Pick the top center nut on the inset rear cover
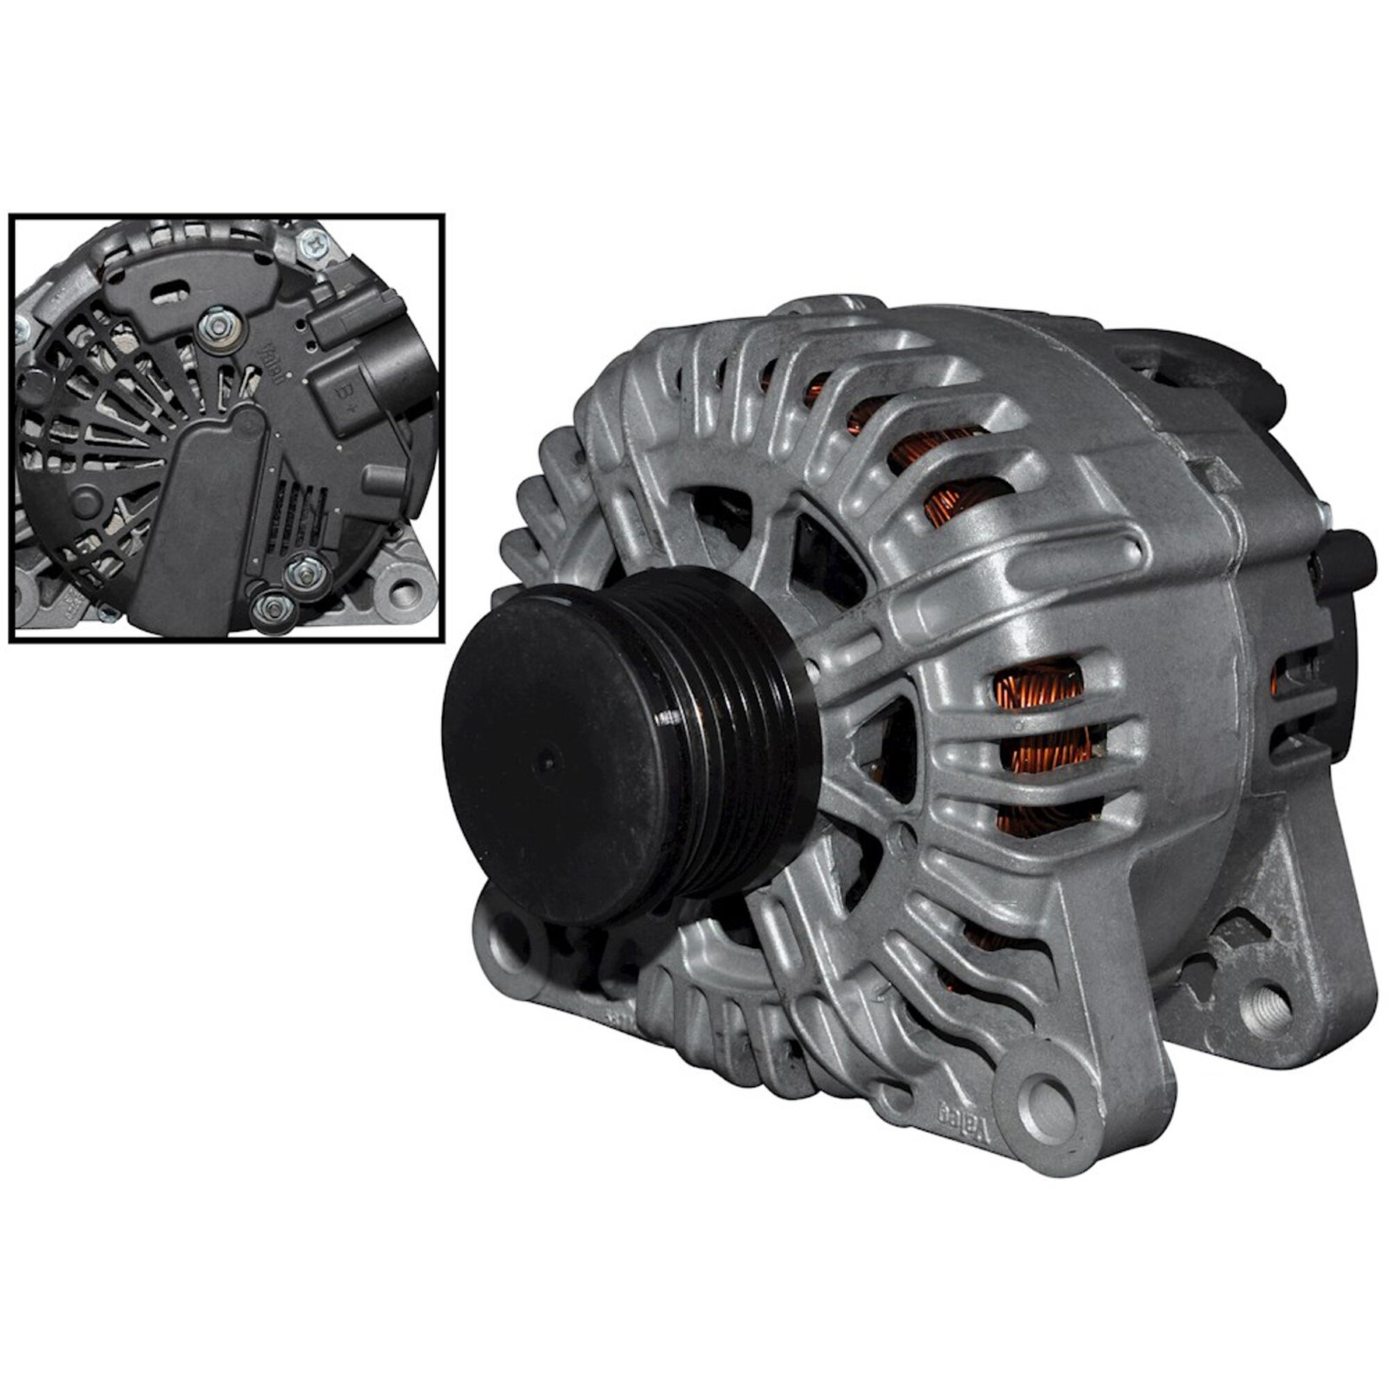pyautogui.click(x=218, y=326)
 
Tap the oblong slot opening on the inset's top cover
pyautogui.click(x=170, y=292)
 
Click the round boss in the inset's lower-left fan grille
pyautogui.click(x=85, y=500)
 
